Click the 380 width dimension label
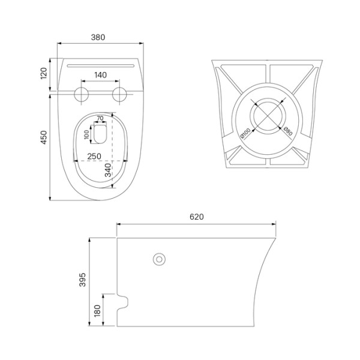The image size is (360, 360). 98,37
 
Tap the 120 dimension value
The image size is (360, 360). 44,73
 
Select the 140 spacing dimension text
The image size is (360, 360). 101,75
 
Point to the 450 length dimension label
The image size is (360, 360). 44,137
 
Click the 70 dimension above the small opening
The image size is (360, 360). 100,118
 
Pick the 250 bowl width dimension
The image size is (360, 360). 94,157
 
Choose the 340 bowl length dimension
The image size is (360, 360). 108,170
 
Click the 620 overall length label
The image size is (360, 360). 197,217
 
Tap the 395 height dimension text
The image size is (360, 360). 82,280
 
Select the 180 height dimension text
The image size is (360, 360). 97,311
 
